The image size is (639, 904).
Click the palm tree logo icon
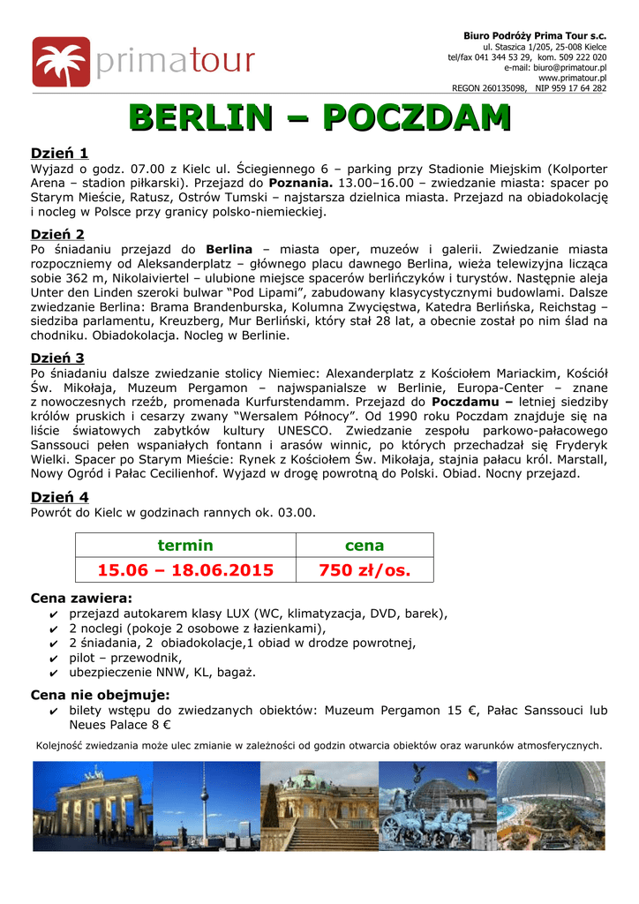coord(61,62)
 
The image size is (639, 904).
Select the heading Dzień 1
coord(59,152)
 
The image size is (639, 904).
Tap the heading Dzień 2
coord(58,234)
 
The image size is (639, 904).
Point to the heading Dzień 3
coord(58,358)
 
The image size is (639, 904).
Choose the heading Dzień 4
coord(59,497)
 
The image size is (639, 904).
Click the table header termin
coord(185,546)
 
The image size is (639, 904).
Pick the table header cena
coord(365,546)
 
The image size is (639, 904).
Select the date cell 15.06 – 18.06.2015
coord(185,570)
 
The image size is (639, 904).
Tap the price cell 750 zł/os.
coord(365,570)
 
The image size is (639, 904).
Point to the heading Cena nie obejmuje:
coord(100,695)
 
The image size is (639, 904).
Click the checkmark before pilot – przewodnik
coord(56,658)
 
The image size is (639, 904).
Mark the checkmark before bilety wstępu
coord(56,711)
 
